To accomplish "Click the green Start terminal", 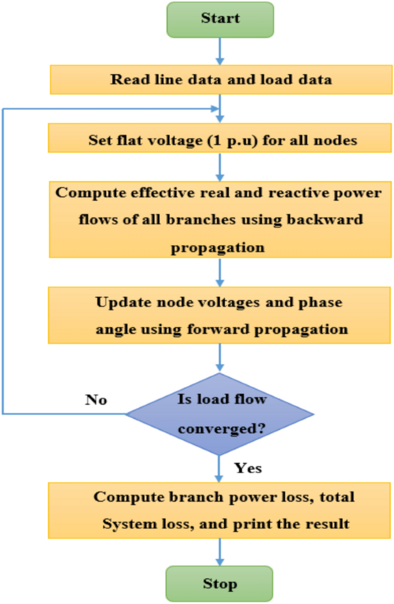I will click(220, 18).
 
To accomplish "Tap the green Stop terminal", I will click(220, 584).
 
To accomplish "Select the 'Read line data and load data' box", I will click(220, 79).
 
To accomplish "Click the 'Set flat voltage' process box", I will click(220, 140).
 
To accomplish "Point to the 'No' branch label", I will click(95, 399).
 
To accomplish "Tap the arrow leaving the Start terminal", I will click(219, 51).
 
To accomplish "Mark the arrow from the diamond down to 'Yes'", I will click(219, 468).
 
